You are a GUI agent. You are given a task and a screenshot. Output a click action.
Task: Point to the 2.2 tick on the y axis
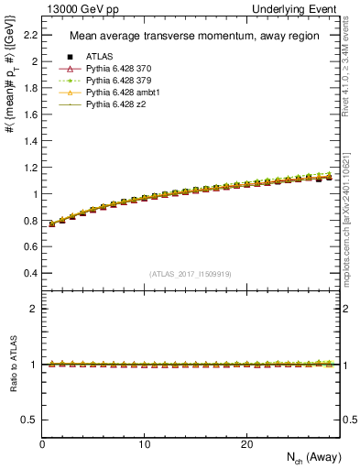(30, 36)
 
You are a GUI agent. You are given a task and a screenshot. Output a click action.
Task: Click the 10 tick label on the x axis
(144, 443)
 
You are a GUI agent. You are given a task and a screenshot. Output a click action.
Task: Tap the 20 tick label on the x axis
(245, 443)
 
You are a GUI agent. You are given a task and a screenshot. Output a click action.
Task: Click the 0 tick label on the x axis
(42, 443)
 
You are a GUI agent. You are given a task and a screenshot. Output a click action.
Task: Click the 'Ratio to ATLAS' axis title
(12, 365)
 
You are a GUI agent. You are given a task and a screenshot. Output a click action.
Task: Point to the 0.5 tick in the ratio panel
(30, 419)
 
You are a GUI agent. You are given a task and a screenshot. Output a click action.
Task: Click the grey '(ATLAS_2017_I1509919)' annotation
(191, 274)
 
